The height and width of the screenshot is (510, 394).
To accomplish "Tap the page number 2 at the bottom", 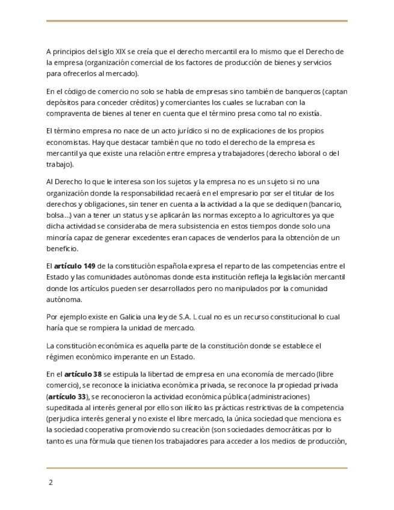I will [x=51, y=482].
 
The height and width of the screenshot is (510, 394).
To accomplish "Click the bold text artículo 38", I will [x=83, y=374].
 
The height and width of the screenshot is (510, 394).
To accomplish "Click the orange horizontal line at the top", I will [x=197, y=21].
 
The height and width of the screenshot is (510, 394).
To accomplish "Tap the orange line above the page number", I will [x=197, y=468].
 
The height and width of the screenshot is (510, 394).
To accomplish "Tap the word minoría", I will [x=61, y=238].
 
